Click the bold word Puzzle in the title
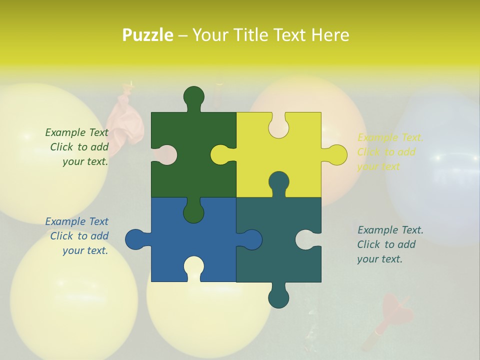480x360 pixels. coord(148,35)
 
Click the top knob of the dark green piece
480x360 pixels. coord(193,96)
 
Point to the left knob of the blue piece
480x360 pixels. coord(135,239)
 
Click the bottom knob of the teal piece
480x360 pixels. coord(278,298)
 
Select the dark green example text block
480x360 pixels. coord(77,147)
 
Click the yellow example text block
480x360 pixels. coord(390,152)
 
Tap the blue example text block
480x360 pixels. coord(77,236)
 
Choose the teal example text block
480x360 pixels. coord(390,244)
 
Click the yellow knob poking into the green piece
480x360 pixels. coord(220,154)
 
